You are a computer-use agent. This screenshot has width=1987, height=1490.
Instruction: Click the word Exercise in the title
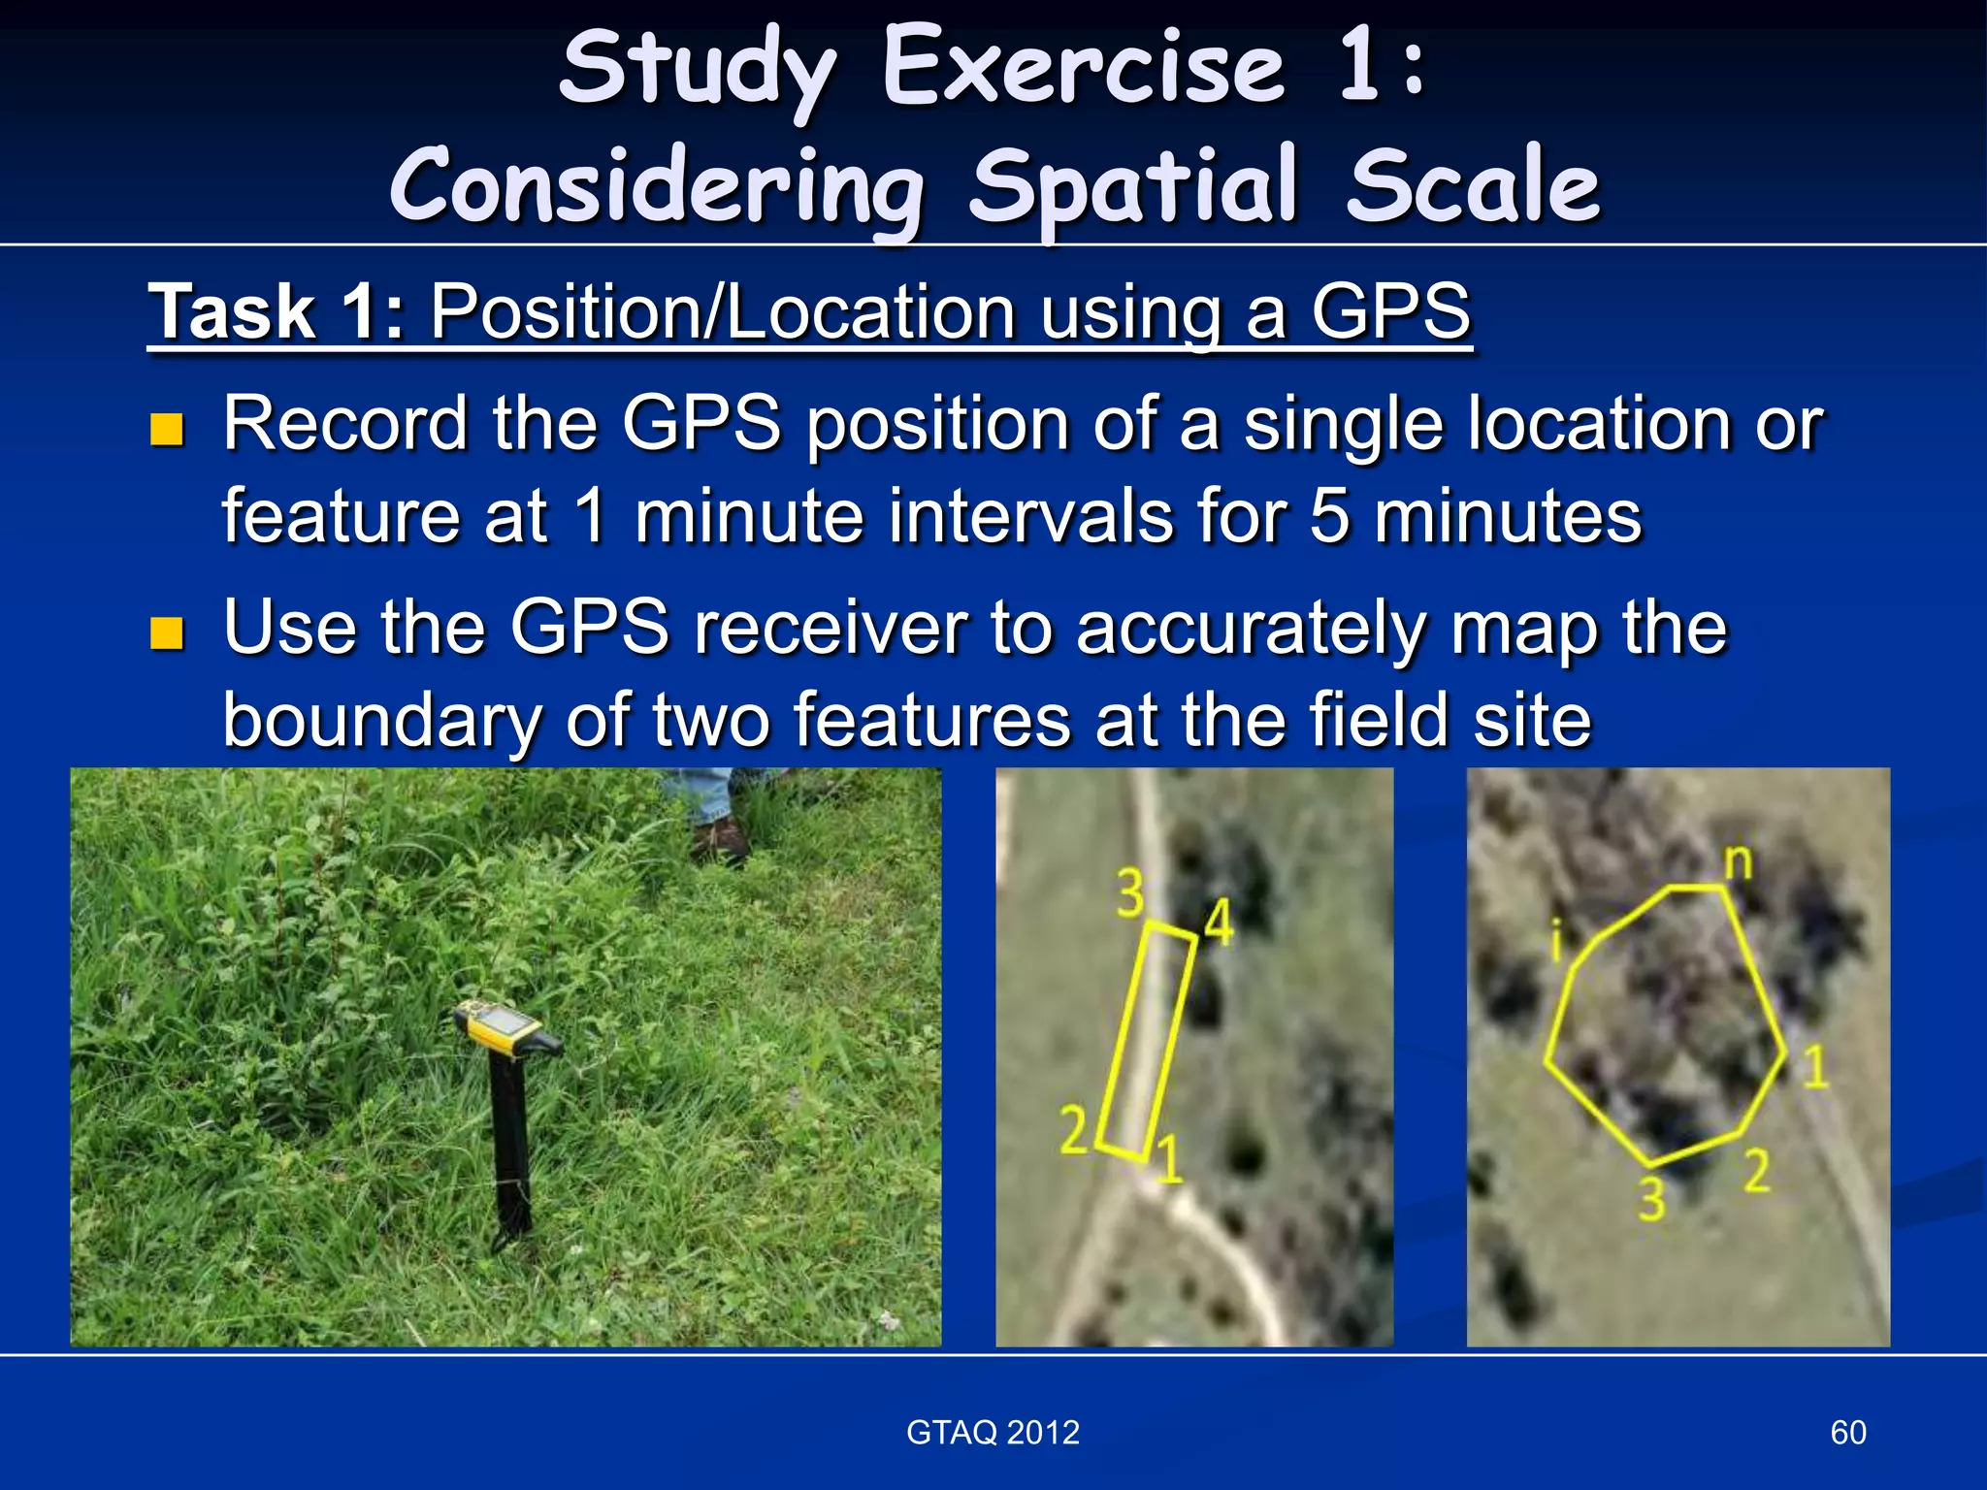click(1084, 68)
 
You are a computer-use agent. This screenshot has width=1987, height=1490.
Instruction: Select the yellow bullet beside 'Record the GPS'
click(167, 429)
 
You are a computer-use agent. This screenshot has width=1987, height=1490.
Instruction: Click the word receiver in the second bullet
click(831, 628)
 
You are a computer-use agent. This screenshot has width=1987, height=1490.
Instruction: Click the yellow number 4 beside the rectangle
click(1219, 922)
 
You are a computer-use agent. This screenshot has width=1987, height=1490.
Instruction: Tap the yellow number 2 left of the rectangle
click(1073, 1131)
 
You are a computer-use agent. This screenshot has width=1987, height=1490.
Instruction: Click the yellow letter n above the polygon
click(1739, 860)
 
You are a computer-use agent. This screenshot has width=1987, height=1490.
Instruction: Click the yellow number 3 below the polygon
click(1652, 1200)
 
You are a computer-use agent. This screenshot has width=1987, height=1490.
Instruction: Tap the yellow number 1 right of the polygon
click(1815, 1066)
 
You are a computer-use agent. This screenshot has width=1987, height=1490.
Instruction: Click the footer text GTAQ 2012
click(993, 1433)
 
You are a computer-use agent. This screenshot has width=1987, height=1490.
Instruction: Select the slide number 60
click(1847, 1433)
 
